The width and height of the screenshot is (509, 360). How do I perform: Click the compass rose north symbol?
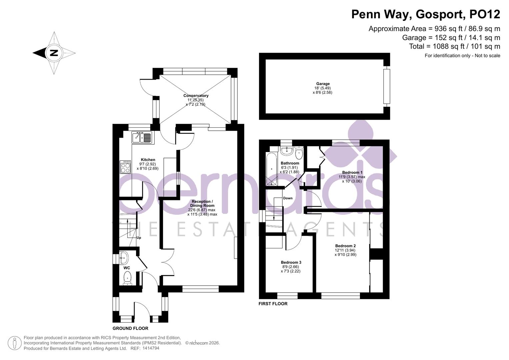[x=54, y=53]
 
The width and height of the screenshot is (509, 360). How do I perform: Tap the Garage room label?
[x=323, y=84]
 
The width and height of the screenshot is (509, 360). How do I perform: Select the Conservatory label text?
[x=196, y=96]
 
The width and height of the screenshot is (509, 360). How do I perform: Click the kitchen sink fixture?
[x=143, y=137]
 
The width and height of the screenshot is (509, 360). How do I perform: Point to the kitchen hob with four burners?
[x=125, y=167]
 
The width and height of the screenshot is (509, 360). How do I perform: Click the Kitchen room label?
[x=148, y=160]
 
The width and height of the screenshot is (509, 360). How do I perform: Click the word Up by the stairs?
[x=139, y=238]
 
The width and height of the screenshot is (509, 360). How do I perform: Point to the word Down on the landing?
[x=288, y=198]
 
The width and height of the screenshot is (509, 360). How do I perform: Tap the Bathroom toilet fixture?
[x=299, y=153]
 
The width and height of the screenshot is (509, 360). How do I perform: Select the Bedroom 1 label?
[x=352, y=173]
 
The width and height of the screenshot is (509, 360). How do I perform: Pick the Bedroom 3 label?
[x=291, y=263]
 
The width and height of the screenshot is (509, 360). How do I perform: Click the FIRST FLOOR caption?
[x=273, y=304]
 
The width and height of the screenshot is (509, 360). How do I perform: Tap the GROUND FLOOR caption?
[x=130, y=328]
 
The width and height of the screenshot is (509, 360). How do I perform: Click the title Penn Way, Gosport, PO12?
[x=426, y=14]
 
